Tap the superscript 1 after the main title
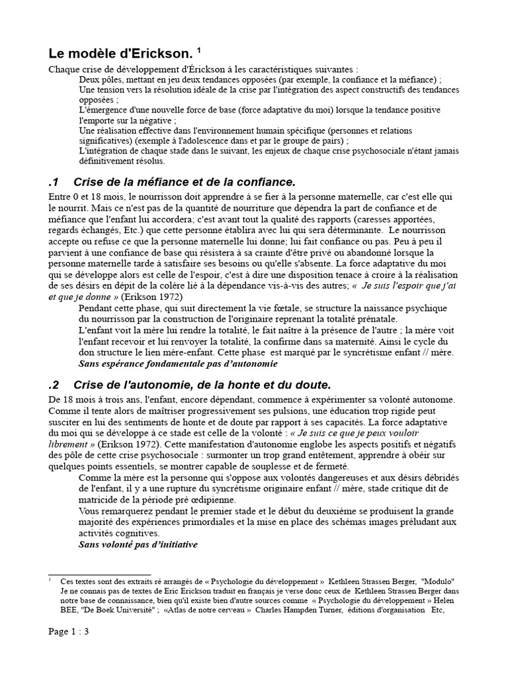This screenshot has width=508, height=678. (189, 49)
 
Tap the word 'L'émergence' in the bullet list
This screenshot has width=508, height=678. (103, 109)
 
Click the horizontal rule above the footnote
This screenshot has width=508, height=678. (100, 575)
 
